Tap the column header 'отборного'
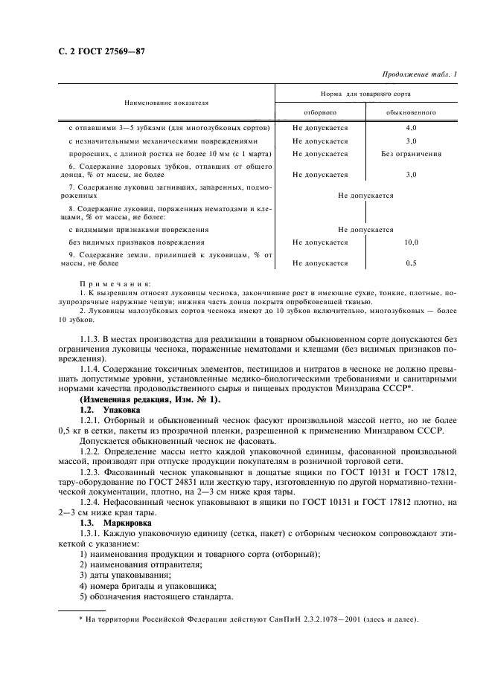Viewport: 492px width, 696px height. tap(320, 112)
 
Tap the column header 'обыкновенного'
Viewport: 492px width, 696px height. tap(411, 112)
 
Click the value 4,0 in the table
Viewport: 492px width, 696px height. tap(411, 127)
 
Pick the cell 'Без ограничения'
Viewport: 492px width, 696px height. tap(411, 154)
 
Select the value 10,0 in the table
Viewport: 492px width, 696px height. tap(411, 242)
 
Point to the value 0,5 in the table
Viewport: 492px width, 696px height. tap(411, 262)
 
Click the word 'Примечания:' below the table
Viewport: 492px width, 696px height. tap(115, 283)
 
